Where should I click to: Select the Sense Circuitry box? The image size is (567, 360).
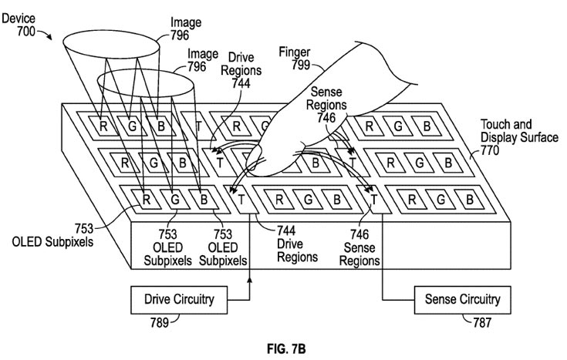point(461,298)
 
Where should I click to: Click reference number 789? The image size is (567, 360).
point(158,321)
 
